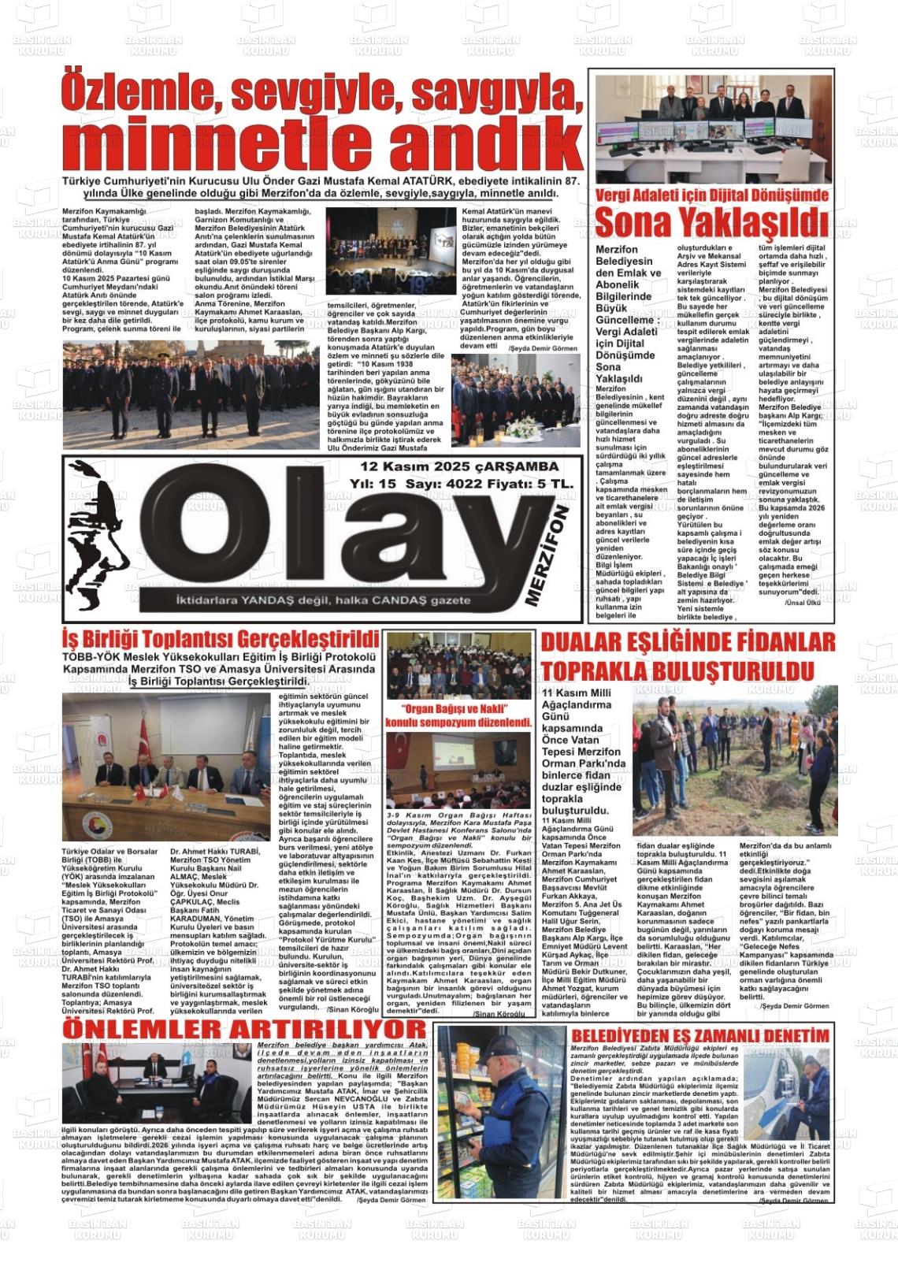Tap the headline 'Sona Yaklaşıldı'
pos(711,224)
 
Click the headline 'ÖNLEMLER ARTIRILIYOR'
pos(244,1029)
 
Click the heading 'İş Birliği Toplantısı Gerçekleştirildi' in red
pos(221,637)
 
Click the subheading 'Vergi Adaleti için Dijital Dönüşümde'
pos(711,195)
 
